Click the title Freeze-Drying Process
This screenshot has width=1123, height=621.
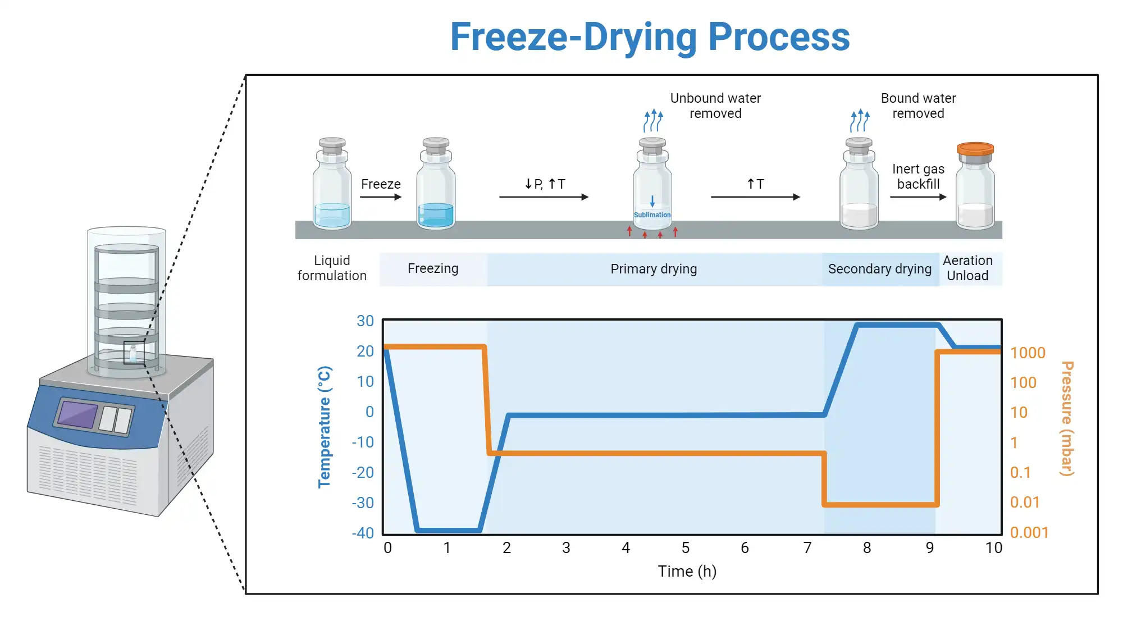click(650, 37)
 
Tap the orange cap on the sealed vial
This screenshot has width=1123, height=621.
click(975, 149)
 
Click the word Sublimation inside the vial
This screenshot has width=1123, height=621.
click(652, 215)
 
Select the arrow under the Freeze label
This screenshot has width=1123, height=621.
click(381, 197)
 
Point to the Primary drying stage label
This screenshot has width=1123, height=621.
click(654, 269)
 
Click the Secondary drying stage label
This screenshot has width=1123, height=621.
click(879, 269)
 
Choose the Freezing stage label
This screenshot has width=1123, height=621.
click(433, 268)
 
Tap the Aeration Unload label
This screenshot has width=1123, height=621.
click(967, 268)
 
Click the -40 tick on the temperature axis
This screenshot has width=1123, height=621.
click(363, 533)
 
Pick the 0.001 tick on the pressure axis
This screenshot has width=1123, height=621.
click(1029, 532)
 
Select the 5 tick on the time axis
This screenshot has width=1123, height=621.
click(686, 548)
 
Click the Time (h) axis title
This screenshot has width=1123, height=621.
click(687, 572)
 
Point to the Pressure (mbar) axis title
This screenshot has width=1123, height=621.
click(1067, 418)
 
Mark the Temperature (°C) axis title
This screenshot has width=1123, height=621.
click(325, 427)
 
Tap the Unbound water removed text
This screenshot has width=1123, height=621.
click(715, 106)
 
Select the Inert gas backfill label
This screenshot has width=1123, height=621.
click(918, 176)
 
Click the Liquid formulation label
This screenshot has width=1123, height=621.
click(332, 268)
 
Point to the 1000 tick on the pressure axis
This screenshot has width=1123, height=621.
click(1028, 353)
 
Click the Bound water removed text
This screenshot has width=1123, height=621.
click(918, 106)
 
